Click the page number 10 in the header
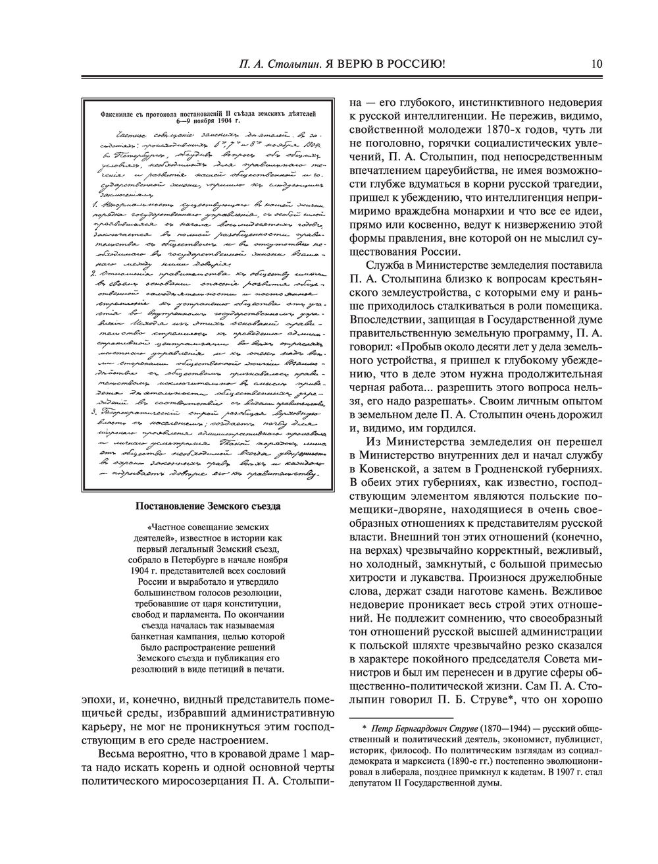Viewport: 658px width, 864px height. point(597,64)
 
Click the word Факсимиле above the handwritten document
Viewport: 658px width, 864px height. point(121,113)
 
